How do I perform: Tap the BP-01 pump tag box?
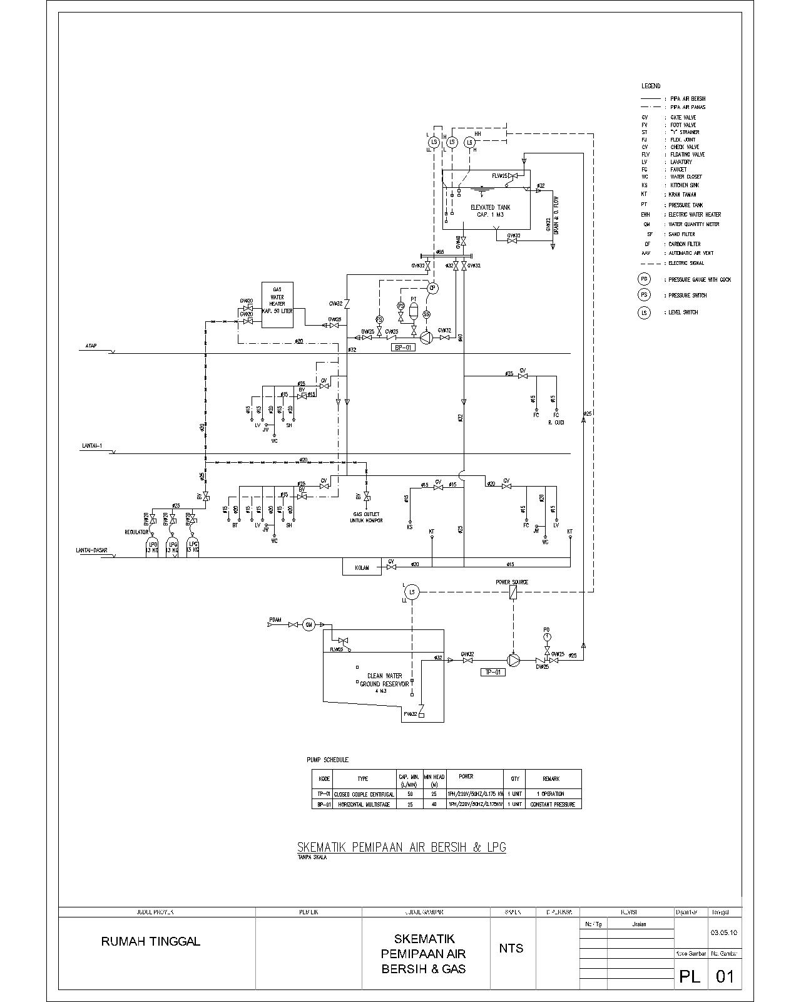point(402,347)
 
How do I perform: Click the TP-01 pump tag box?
point(492,672)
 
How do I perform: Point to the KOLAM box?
point(362,567)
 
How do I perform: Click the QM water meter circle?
point(309,624)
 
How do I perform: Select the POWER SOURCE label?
point(512,582)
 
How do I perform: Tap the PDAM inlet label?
point(275,620)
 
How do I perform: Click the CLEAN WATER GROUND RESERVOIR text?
point(384,680)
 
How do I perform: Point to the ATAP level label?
point(91,346)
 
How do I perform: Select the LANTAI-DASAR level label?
point(91,550)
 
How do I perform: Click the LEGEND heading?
point(650,86)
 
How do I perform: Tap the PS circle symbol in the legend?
point(644,295)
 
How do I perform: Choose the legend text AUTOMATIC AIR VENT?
point(691,253)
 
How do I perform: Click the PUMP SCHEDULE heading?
point(327,760)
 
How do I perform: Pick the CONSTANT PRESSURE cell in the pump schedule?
point(553,804)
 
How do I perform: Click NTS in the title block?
point(511,948)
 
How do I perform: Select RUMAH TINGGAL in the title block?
point(151,941)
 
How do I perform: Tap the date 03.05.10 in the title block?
point(724,932)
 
